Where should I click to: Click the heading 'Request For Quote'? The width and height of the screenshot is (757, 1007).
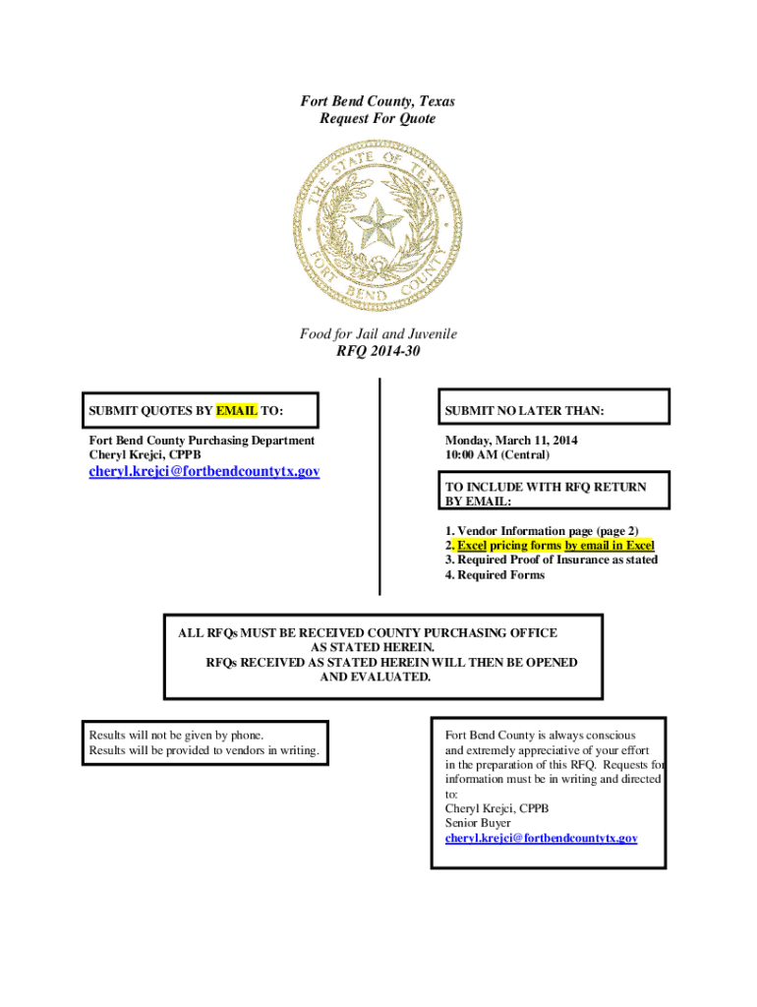[x=378, y=119]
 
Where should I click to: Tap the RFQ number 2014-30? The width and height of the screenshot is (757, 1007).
[x=378, y=351]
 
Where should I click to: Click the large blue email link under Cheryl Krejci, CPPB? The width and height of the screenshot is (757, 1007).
[x=204, y=472]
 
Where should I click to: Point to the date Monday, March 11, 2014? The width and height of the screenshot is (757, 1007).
[x=511, y=441]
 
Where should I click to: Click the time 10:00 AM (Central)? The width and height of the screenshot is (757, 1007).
[x=497, y=455]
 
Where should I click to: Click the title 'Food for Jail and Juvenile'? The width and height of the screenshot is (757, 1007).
[x=378, y=334]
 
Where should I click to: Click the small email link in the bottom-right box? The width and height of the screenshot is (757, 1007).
[x=541, y=838]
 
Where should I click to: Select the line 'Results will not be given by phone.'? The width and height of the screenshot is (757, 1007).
[x=176, y=735]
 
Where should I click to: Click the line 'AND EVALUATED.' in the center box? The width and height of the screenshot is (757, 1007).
[x=377, y=678]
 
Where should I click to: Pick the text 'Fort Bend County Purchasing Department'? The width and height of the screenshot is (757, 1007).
[x=202, y=441]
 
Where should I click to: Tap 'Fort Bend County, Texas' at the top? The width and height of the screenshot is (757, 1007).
[x=378, y=102]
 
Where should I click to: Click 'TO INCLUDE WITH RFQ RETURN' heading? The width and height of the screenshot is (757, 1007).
[x=546, y=487]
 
